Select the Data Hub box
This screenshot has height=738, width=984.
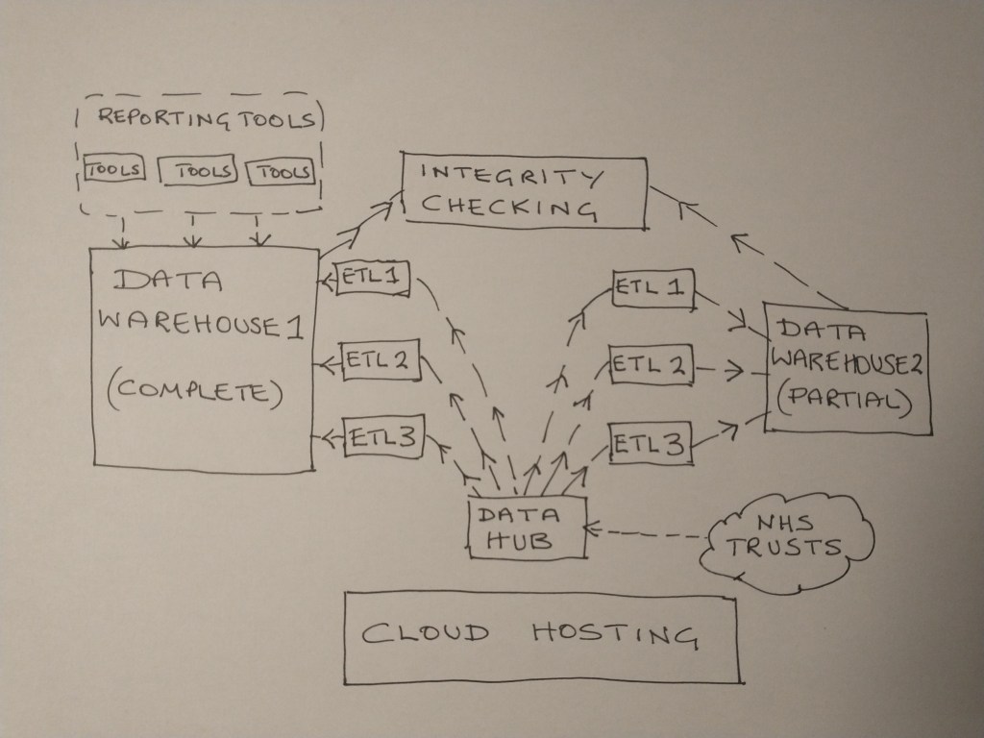[527, 528]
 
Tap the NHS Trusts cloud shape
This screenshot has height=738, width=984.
[786, 537]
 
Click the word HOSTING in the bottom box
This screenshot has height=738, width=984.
[613, 635]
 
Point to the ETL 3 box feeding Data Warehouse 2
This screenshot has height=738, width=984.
[649, 445]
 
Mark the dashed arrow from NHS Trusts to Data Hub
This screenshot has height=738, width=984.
[649, 531]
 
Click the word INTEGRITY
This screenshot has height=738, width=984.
[513, 176]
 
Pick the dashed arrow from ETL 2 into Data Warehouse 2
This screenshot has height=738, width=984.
[723, 368]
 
